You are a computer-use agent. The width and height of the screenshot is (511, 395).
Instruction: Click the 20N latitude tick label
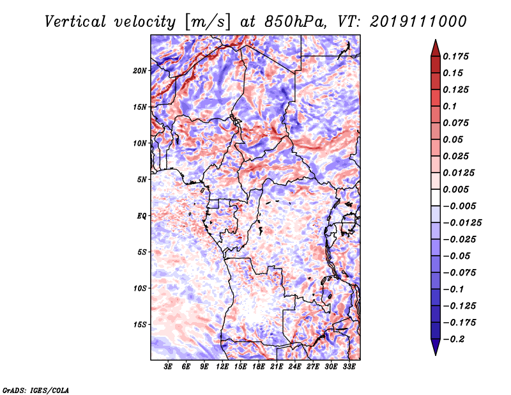140,71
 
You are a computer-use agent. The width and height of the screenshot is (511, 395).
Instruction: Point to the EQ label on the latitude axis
142,216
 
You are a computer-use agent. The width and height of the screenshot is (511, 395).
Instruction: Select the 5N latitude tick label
142,180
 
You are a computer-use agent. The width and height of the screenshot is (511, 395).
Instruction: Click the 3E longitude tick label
168,367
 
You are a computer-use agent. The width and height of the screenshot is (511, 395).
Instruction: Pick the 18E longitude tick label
258,367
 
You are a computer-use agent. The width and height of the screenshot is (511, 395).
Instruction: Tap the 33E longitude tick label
349,367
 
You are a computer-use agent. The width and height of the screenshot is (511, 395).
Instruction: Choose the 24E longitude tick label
294,367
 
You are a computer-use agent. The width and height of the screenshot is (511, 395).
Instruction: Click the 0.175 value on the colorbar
455,56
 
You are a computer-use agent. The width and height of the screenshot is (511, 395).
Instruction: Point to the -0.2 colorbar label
454,339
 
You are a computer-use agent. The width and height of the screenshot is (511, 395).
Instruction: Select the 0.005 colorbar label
455,189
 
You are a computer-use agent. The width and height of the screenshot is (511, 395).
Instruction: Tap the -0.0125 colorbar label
462,223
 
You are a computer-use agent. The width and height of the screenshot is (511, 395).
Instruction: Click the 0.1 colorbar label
450,106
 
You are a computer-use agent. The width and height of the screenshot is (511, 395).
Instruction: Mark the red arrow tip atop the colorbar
436,40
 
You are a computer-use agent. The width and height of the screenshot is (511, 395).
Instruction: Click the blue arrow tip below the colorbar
436,355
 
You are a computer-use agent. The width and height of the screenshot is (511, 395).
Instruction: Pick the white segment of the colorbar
436,197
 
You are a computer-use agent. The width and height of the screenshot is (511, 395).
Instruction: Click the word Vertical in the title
75,22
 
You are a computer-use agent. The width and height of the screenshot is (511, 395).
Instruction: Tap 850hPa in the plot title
295,22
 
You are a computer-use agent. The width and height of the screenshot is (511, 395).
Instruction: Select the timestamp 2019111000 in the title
418,22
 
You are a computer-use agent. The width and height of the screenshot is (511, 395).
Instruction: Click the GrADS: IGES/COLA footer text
36,390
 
